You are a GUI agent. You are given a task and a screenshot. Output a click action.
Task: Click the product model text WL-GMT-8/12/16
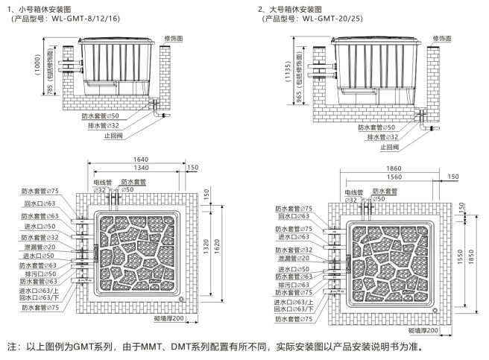[89, 18]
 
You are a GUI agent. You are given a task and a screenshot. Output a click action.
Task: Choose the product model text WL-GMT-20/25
[334, 18]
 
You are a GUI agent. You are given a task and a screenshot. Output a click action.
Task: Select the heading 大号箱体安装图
[295, 7]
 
